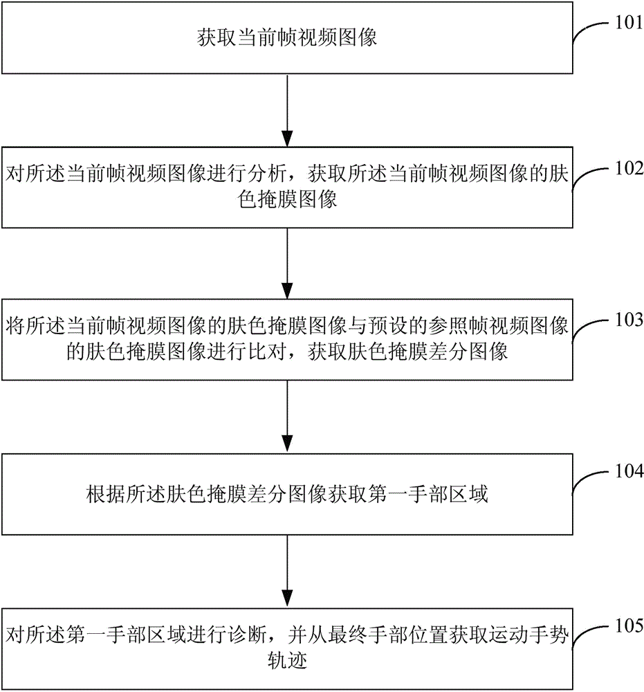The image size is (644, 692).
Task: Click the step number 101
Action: pyautogui.click(x=629, y=22)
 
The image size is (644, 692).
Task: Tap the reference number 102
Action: pyautogui.click(x=629, y=168)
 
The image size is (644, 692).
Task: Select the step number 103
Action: pyautogui.click(x=629, y=320)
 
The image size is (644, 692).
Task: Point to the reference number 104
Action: pyautogui.click(x=629, y=471)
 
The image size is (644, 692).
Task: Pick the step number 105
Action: pyautogui.click(x=629, y=626)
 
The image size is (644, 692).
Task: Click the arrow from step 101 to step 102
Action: pyautogui.click(x=287, y=110)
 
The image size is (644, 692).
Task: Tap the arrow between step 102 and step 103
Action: pyautogui.click(x=287, y=264)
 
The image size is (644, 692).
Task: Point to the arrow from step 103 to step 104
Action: pyautogui.click(x=287, y=416)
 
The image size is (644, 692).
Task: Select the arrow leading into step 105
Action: pyautogui.click(x=287, y=571)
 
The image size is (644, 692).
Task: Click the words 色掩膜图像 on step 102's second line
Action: pyautogui.click(x=287, y=199)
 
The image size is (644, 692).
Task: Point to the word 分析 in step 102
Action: pyautogui.click(x=267, y=174)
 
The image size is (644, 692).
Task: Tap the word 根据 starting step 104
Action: pyautogui.click(x=106, y=494)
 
